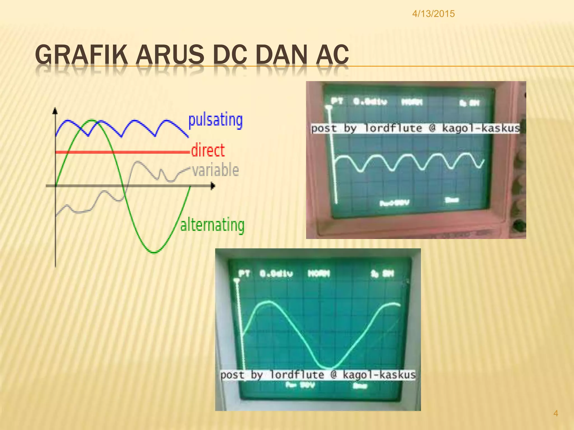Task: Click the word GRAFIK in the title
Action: (81, 55)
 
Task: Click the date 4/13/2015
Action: (433, 14)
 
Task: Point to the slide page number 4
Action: (556, 413)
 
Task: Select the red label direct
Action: (208, 150)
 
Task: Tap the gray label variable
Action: (215, 170)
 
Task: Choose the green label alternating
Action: (212, 225)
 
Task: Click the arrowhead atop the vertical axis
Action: (55, 111)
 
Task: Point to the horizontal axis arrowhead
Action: (213, 186)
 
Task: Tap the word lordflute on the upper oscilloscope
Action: (393, 128)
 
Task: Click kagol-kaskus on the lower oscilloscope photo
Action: (379, 375)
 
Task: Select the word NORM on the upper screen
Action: (412, 102)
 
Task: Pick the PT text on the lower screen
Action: (244, 273)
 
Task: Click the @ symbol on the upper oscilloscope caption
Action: (432, 128)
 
